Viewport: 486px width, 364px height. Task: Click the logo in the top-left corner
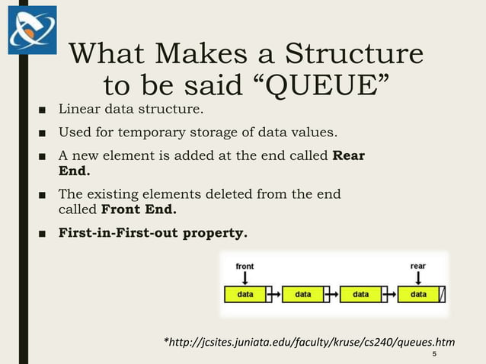tap(32, 30)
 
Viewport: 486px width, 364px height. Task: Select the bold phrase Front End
tap(144, 208)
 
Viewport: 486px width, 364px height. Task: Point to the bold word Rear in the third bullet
tap(349, 156)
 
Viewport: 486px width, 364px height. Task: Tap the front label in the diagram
tap(245, 266)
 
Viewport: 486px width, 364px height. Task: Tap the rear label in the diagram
tap(417, 266)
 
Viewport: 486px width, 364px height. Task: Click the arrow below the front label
tap(245, 278)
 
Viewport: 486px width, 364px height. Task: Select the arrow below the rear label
tap(417, 278)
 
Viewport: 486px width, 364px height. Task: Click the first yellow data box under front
tap(245, 294)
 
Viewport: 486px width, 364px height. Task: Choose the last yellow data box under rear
tap(418, 294)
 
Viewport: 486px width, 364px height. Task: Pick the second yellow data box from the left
tap(303, 294)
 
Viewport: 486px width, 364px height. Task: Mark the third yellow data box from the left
tap(360, 294)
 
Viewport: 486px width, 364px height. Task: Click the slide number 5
tap(434, 355)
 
